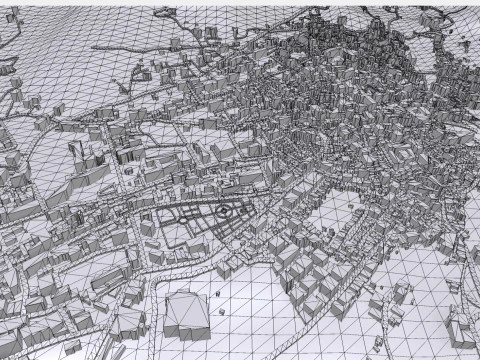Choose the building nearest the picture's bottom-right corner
462,330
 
